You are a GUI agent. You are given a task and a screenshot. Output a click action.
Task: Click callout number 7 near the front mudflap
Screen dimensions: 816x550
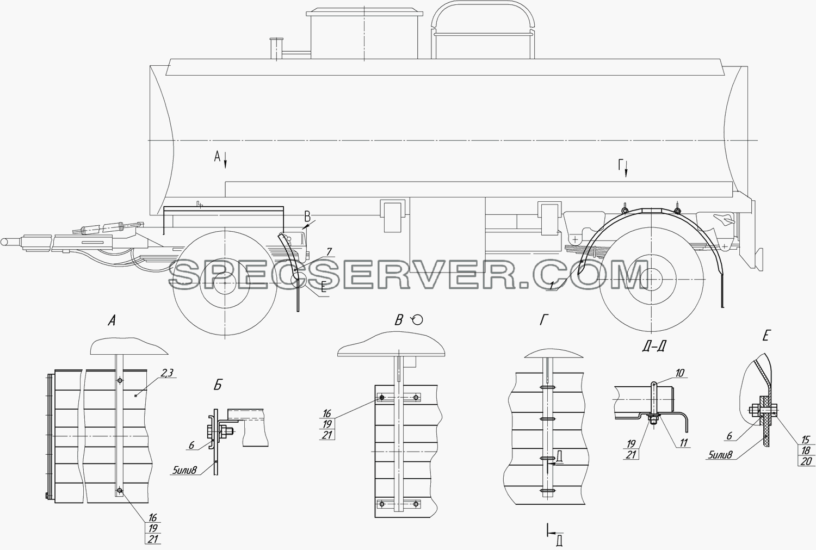pos(329,252)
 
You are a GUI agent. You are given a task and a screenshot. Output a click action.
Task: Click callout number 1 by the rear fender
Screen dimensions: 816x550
pos(552,287)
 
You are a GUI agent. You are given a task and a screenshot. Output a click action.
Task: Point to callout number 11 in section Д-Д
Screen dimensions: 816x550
pos(683,442)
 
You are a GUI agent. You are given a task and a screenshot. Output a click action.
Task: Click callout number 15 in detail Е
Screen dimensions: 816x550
pos(805,439)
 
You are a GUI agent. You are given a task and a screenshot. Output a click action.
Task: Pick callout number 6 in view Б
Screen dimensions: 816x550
pos(191,445)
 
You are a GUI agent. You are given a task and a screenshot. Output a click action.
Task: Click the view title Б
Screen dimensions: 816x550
pos(218,385)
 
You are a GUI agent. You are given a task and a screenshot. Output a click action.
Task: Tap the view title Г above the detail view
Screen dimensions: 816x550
pos(543,320)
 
